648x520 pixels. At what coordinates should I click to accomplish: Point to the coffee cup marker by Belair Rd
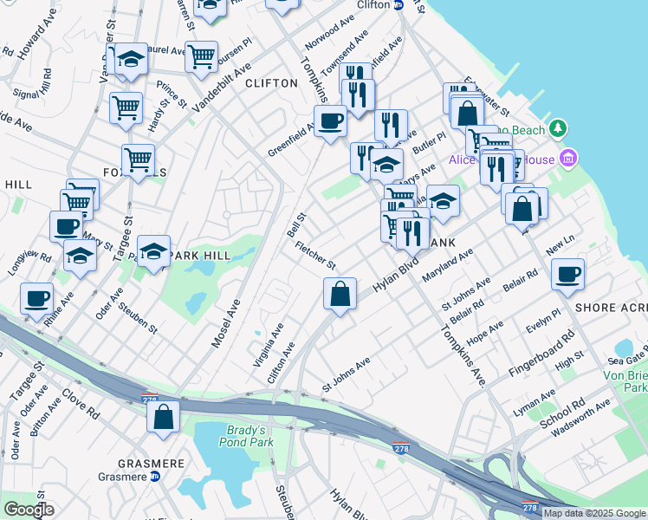[x=568, y=275]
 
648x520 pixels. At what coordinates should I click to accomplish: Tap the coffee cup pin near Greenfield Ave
[x=331, y=120]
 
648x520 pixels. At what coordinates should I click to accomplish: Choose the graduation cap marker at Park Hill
[x=153, y=251]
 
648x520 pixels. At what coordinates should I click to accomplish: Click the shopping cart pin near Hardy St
[x=126, y=108]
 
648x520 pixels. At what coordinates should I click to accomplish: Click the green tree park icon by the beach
[x=560, y=129]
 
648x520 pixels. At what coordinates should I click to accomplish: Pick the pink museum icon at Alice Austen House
[x=568, y=158]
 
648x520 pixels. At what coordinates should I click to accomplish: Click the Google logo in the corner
[x=29, y=510]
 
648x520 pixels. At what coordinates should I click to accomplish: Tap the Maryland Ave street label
[x=447, y=265]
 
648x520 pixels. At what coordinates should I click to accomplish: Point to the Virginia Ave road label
[x=269, y=346]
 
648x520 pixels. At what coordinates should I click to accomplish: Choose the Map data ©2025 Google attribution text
[x=594, y=513]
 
